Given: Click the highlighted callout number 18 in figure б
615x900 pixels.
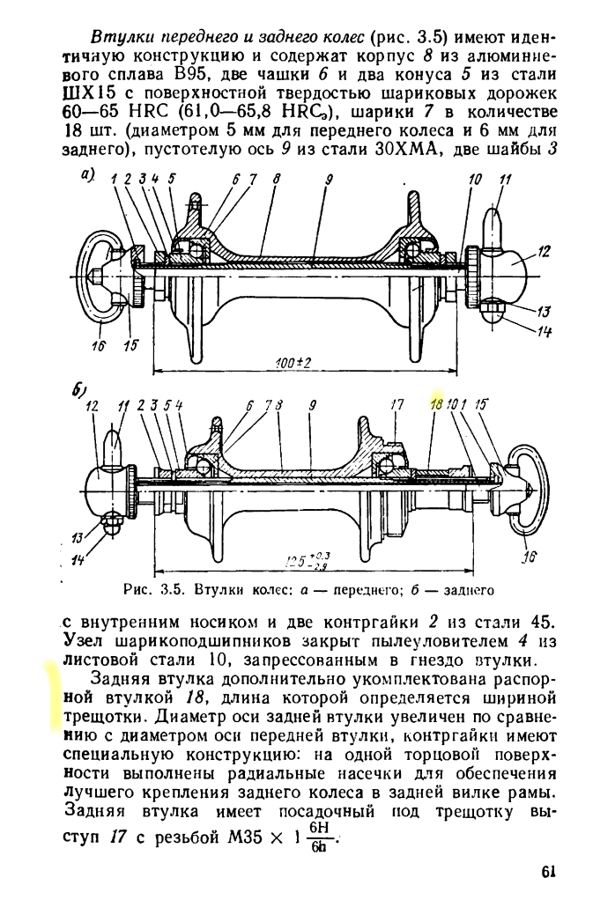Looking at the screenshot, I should pyautogui.click(x=435, y=405).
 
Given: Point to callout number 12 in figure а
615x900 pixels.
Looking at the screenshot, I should pyautogui.click(x=544, y=252).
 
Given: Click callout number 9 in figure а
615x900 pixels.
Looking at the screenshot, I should pyautogui.click(x=329, y=179).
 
